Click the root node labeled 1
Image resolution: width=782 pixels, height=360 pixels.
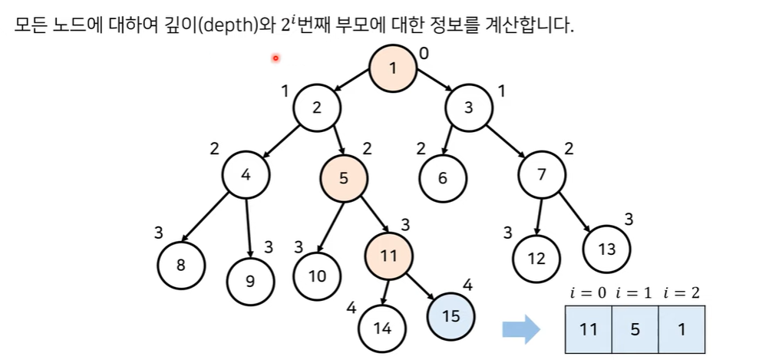pos(393,68)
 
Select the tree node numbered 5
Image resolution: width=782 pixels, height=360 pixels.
pos(343,178)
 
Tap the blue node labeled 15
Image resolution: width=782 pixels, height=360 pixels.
pos(451,315)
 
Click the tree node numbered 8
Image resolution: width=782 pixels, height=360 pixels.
pos(180,266)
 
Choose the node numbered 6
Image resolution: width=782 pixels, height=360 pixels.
pos(443,177)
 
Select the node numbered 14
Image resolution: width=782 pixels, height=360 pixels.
pos(382,329)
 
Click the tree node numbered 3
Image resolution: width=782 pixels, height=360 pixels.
pos(469,108)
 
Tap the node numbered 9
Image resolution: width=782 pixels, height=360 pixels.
pos(249,279)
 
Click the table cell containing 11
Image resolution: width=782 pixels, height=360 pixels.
pos(588,329)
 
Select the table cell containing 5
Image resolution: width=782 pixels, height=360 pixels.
pos(635,329)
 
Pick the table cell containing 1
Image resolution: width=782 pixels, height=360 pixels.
pos(681,329)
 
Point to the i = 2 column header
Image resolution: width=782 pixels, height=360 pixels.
pos(681,292)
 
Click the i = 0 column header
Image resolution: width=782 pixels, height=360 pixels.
pos(588,292)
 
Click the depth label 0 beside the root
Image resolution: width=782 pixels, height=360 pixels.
pos(424,54)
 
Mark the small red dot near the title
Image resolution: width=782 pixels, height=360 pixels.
pos(276,58)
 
